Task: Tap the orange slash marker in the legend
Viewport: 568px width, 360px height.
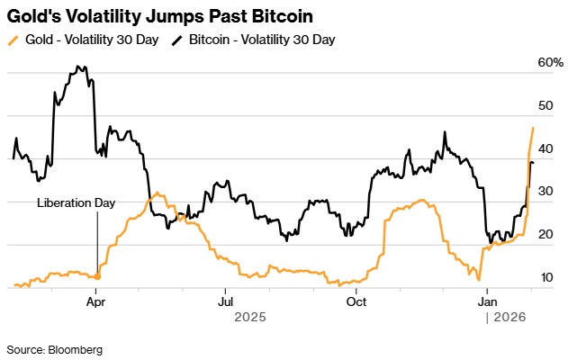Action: [12, 40]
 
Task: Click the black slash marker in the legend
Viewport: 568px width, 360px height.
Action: [177, 40]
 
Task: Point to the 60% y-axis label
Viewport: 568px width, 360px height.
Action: [550, 62]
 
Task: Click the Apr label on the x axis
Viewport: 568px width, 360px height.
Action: [96, 303]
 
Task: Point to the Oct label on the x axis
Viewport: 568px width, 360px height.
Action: [356, 303]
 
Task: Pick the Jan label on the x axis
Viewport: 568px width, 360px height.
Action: [488, 303]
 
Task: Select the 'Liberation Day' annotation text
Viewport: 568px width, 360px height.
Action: [77, 203]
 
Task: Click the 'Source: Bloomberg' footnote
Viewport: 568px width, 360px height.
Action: [54, 348]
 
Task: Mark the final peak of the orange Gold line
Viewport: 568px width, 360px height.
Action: [534, 128]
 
